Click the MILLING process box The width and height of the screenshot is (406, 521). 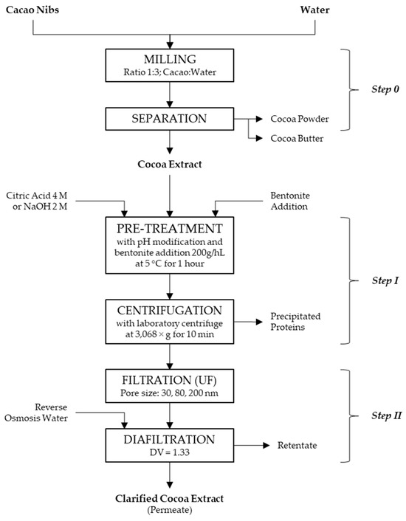coord(171,65)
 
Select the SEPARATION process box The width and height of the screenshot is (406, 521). coord(171,117)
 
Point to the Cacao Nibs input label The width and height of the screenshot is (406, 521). coord(32,10)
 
